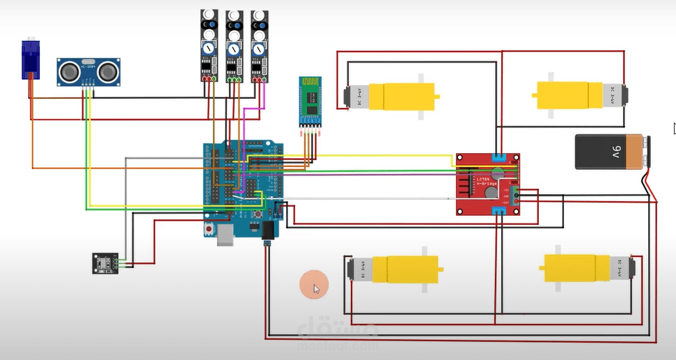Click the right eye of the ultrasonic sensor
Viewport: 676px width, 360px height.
107,71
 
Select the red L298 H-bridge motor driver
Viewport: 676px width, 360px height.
488,183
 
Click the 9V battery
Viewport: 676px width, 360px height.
613,152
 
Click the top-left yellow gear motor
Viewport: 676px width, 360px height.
393,95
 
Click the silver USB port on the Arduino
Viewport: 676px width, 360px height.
226,235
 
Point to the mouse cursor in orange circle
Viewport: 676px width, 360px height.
315,285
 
